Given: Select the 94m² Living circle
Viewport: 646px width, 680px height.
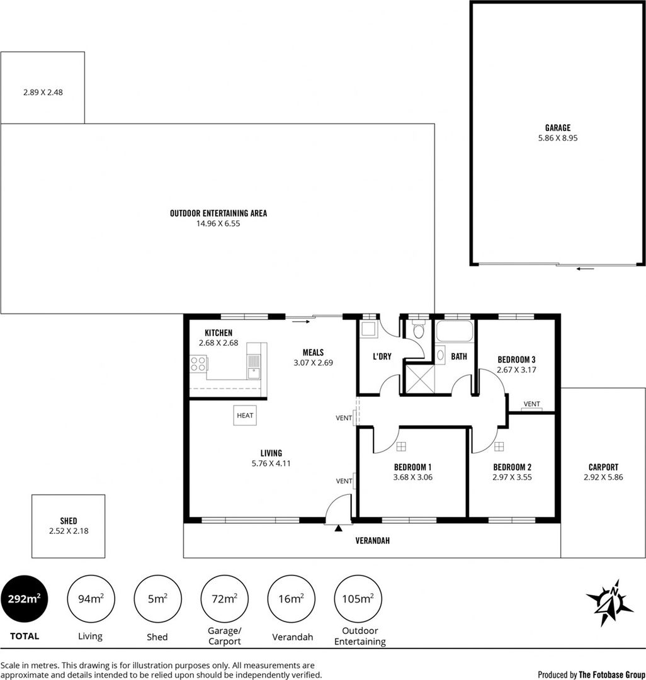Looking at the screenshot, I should pos(90,598).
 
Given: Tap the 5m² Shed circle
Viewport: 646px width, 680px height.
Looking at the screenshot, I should pos(157,598).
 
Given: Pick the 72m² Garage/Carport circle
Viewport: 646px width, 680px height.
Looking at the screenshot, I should pos(224,598).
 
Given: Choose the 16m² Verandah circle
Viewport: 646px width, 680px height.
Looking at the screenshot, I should pos(290,598).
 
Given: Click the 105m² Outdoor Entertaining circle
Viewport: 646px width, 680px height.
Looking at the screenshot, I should pos(359,598).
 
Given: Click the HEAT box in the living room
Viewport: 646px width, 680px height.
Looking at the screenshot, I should pos(245,415).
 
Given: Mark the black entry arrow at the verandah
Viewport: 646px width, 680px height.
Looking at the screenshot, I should pos(338,528).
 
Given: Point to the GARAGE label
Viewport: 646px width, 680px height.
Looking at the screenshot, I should pos(558,128).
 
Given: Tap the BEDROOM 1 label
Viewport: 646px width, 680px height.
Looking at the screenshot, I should pos(412,467).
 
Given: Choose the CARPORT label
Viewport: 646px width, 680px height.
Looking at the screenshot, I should pos(603,467).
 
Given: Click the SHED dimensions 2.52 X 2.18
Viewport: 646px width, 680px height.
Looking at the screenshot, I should pos(69,531).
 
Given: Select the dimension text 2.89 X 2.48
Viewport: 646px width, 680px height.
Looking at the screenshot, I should pos(43,92).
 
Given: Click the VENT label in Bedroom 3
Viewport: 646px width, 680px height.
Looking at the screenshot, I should pos(531,404).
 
